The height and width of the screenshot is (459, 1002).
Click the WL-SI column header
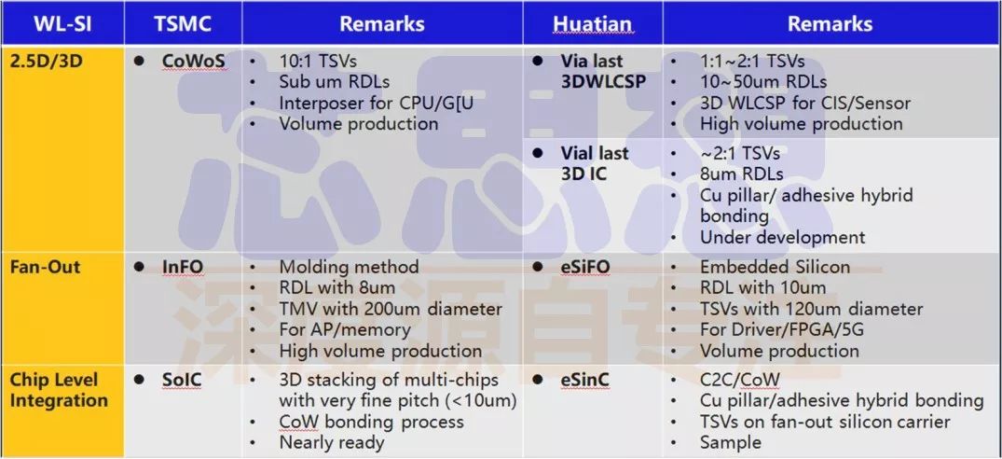tap(62, 23)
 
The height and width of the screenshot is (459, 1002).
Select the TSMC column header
tap(183, 23)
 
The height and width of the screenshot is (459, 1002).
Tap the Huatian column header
tap(593, 23)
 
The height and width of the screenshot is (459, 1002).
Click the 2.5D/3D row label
tap(46, 62)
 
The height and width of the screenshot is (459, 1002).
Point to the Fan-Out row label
tap(46, 267)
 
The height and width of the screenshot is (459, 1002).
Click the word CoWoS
tap(194, 62)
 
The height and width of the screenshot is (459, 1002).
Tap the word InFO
tap(183, 267)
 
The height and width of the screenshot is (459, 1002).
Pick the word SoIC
tap(182, 381)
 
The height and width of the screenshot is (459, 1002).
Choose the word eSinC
tap(584, 381)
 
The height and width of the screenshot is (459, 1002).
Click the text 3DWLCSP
tap(603, 82)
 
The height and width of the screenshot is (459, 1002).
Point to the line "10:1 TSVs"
tap(318, 62)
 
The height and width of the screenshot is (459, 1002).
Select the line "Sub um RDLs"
tap(335, 82)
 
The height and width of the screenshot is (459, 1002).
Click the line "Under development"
tap(782, 238)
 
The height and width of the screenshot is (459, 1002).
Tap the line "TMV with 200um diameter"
tap(391, 310)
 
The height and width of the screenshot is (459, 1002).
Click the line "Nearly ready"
tap(332, 442)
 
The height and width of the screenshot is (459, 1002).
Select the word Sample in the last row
tap(731, 442)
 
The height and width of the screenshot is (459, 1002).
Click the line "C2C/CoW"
tap(740, 381)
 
